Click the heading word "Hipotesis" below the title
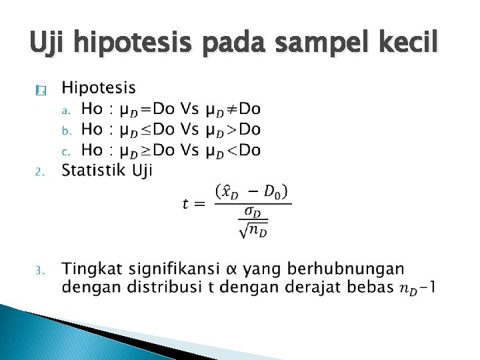click(99, 88)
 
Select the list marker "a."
click(65, 110)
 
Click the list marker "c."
click(65, 151)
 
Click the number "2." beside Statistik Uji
click(39, 173)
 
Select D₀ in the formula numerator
click(273, 193)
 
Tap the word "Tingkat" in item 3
click(87, 269)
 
